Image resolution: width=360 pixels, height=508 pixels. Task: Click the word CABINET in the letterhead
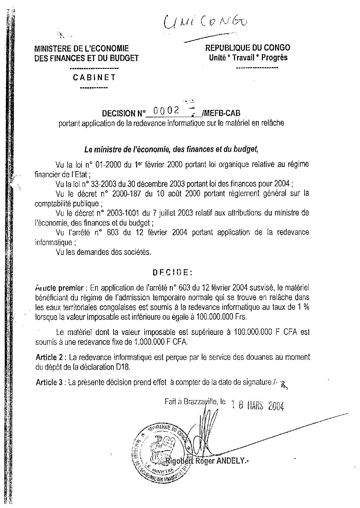[94, 77]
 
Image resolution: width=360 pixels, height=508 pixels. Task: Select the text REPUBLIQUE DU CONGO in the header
[248, 48]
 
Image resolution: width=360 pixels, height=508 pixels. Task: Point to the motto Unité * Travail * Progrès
[248, 57]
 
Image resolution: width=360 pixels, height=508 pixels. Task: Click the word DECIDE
[172, 272]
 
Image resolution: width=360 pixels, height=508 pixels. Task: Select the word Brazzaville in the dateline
[200, 402]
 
